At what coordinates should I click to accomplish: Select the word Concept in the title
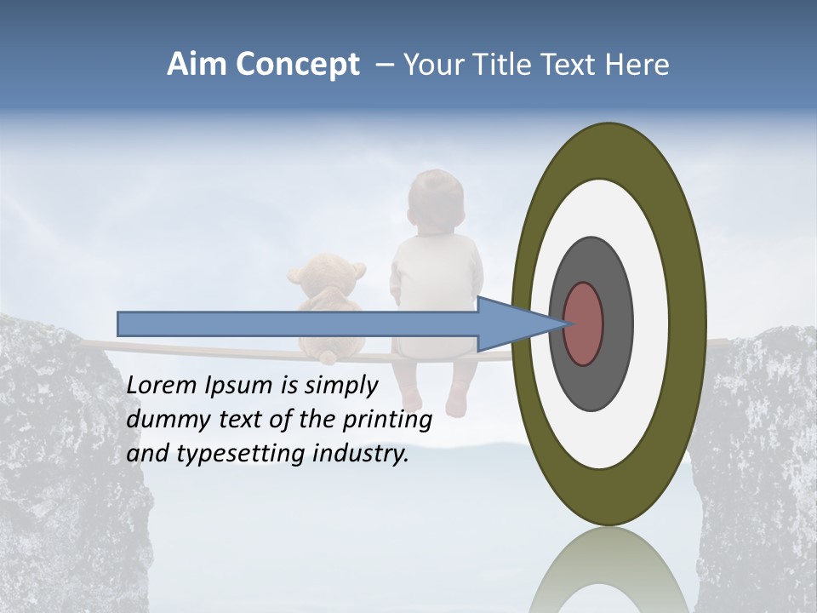(x=299, y=66)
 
